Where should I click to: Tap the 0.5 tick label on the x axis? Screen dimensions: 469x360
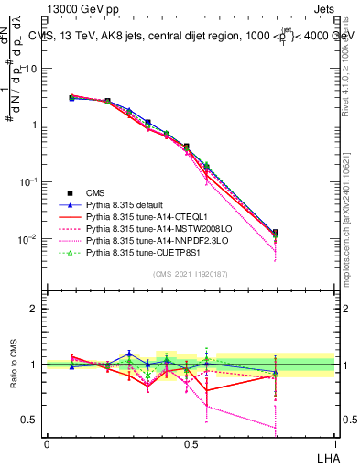[x=190, y=443]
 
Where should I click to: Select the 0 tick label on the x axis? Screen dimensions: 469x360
[x=46, y=443]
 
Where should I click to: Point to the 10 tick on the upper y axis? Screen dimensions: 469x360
[x=32, y=69]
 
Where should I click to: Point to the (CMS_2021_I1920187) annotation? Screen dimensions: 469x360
[x=190, y=274]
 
